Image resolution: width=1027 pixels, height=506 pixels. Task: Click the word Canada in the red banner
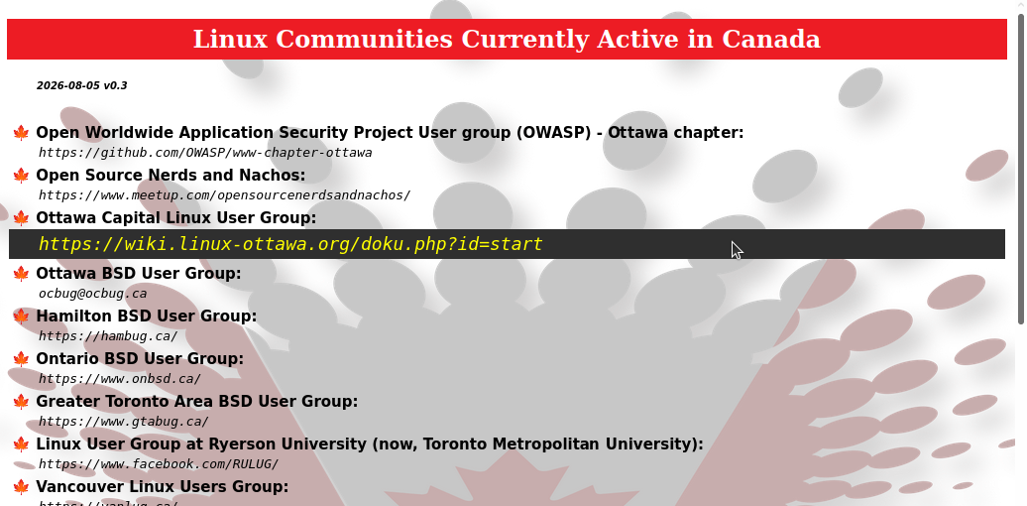771,39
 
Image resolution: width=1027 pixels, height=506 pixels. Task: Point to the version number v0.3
115,86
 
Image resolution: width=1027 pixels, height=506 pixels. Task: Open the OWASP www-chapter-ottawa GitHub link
205,153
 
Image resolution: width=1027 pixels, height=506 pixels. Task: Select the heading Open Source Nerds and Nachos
171,175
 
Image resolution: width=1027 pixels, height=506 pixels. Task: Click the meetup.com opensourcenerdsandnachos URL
225,195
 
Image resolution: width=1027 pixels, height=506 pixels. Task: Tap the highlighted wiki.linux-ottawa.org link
290,244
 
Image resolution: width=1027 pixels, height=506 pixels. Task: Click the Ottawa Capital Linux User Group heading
176,217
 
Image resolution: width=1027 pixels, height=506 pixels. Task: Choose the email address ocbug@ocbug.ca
92,294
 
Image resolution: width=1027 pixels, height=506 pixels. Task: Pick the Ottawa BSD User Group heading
138,273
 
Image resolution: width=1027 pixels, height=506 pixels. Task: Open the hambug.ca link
108,336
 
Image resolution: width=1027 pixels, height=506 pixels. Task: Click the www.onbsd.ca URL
120,379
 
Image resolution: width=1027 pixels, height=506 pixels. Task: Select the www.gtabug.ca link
124,422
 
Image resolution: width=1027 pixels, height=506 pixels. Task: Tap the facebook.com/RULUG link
159,464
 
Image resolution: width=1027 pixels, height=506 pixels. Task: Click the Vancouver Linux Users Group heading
162,487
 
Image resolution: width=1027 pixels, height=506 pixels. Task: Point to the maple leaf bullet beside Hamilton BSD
21,316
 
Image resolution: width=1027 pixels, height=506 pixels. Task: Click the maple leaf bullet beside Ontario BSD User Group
21,359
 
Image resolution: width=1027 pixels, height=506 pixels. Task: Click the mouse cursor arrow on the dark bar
737,250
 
